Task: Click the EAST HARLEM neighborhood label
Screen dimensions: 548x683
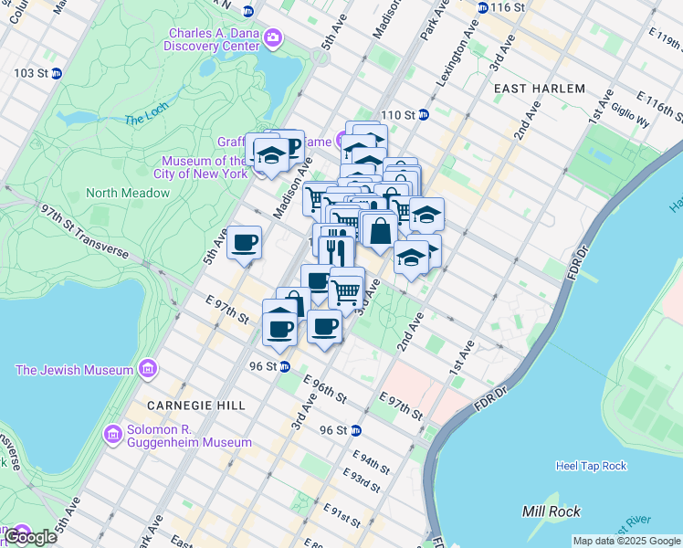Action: [x=539, y=89]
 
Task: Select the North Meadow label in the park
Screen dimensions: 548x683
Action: [x=128, y=193]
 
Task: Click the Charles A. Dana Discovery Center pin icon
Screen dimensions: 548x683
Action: [x=272, y=38]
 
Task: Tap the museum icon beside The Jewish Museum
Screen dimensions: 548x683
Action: [x=146, y=369]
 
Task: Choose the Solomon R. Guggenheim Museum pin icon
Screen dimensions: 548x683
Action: [x=113, y=432]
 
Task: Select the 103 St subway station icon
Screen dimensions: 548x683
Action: [x=57, y=72]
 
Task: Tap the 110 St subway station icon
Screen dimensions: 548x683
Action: [x=424, y=115]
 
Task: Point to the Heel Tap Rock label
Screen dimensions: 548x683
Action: [x=591, y=466]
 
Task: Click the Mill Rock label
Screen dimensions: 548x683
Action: [x=546, y=510]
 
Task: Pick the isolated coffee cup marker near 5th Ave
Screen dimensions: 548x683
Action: [x=245, y=242]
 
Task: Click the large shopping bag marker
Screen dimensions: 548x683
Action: [x=380, y=231]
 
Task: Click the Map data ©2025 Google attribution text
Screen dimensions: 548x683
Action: [x=626, y=541]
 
